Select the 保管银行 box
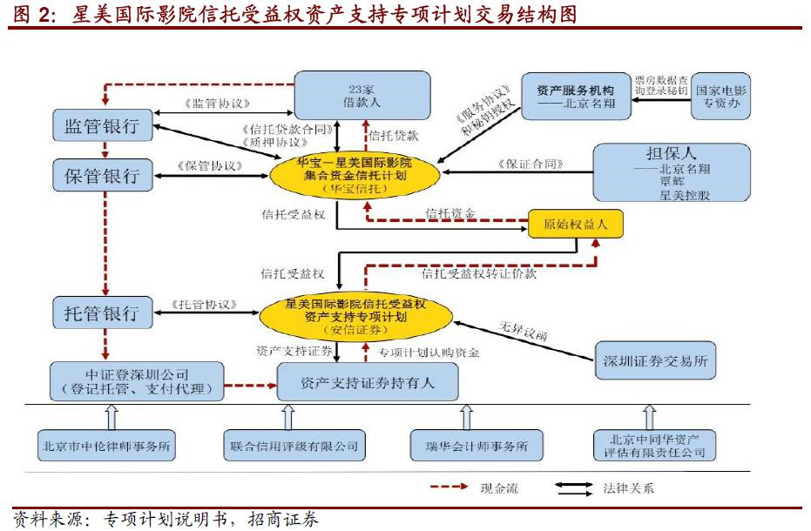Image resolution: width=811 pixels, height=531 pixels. tap(102, 175)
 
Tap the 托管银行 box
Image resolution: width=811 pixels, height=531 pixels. tap(102, 313)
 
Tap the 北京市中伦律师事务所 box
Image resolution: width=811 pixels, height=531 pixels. tap(107, 445)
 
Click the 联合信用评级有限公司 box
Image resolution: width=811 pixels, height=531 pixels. tap(294, 445)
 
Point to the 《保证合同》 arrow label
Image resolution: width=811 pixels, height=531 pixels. tap(531, 163)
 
